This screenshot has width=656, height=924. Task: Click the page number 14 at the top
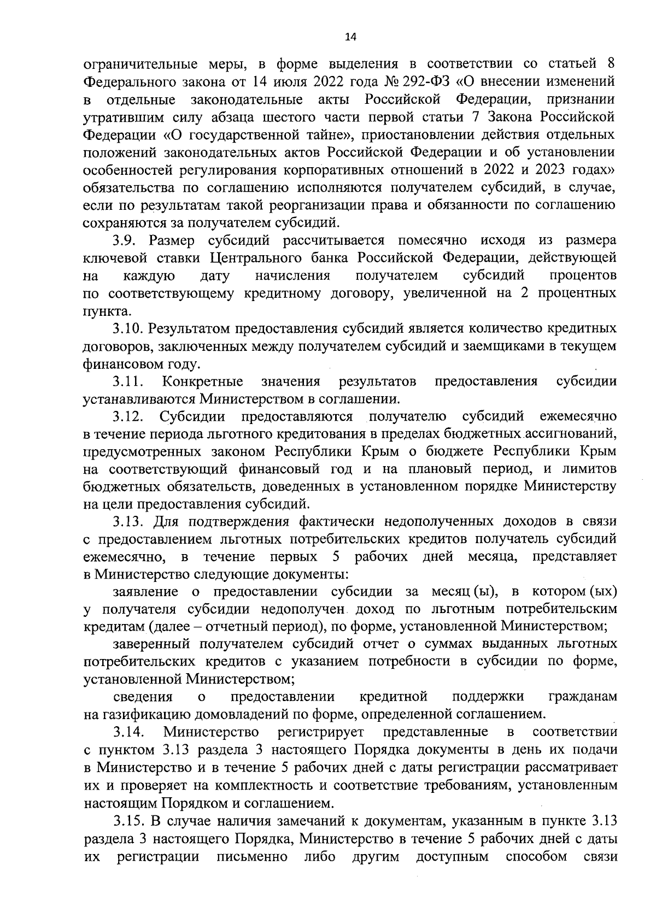click(x=350, y=37)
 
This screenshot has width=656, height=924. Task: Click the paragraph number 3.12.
click(x=128, y=416)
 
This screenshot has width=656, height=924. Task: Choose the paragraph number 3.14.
click(x=128, y=732)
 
